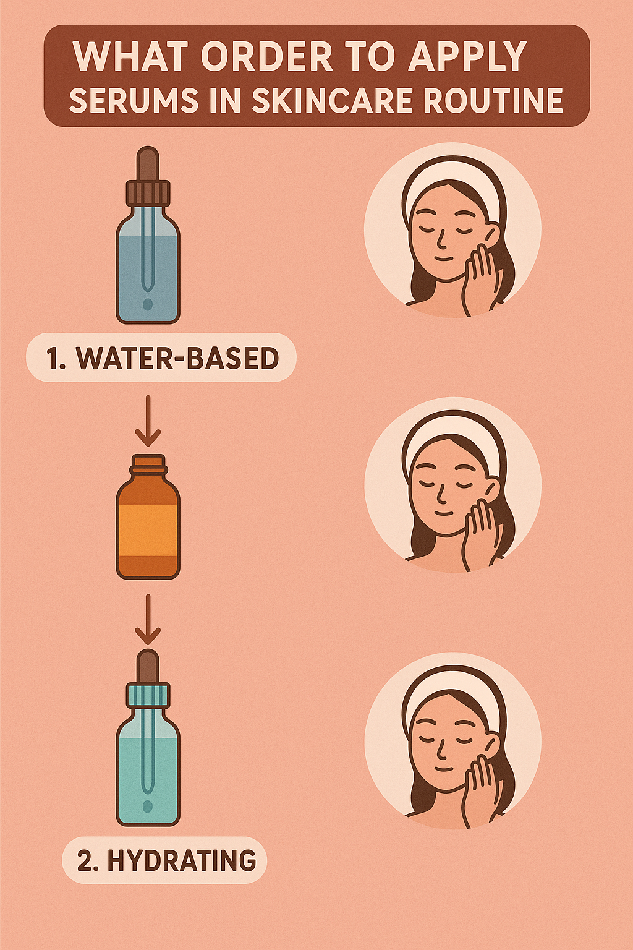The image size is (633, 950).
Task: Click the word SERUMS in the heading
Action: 134,101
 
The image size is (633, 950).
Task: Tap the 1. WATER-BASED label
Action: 161,358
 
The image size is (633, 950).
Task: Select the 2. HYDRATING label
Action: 165,860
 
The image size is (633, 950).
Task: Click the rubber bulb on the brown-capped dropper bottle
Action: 148,163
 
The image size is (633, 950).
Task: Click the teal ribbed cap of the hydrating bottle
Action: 148,696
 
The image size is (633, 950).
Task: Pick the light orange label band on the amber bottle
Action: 148,530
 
